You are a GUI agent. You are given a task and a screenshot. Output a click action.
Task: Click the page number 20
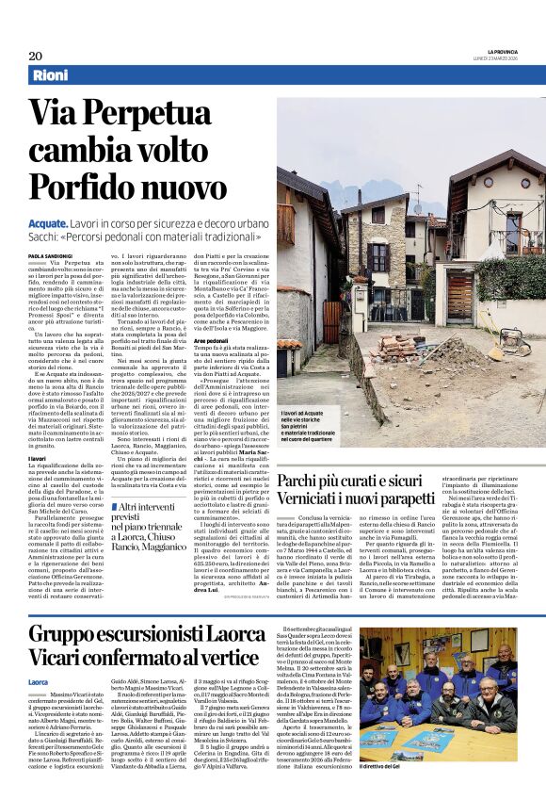coord(35,56)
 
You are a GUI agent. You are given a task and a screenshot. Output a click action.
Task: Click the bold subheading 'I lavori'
coord(38,458)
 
